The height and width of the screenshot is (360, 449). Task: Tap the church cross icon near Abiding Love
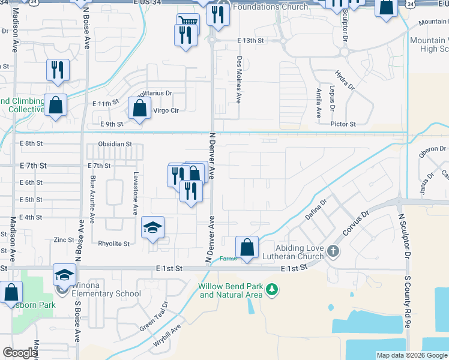333,250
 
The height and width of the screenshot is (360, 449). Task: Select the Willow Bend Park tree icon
273,290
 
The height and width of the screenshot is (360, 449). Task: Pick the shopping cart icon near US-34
188,22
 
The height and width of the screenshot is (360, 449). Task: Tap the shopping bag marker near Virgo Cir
139,109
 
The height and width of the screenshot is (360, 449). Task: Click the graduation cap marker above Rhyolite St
153,228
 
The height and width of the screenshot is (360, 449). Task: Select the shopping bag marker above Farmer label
247,247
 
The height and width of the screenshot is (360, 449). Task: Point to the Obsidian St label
115,144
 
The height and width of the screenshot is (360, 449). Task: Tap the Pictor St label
343,124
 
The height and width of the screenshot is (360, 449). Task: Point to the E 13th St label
250,40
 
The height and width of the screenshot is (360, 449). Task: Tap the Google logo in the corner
20,353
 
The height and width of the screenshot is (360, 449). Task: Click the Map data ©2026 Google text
411,355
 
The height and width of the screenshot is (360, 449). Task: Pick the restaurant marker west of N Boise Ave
58,70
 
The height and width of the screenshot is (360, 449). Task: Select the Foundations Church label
270,7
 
